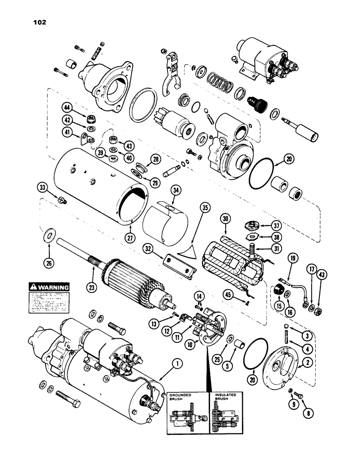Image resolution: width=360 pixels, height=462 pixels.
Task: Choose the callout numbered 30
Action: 225,222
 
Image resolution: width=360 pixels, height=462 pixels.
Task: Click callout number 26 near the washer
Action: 48,264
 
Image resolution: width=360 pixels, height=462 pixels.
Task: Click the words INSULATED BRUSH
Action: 226,397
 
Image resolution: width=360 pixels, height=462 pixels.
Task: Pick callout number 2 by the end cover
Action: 305,364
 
